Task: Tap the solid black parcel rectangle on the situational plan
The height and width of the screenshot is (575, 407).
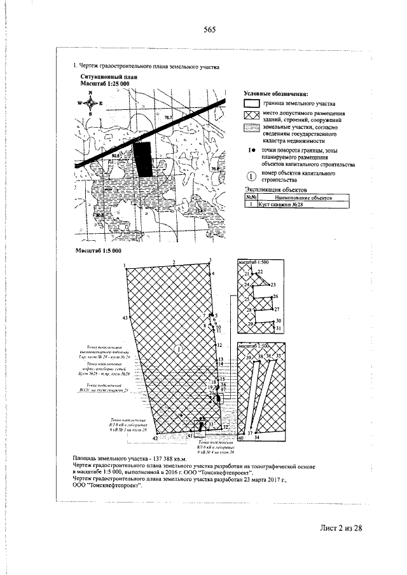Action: pos(144,158)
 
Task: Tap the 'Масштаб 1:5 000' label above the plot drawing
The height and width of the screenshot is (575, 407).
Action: pos(94,252)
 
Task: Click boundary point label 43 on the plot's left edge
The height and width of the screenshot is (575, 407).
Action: pos(125,317)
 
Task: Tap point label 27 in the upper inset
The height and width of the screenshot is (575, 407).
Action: pos(277,309)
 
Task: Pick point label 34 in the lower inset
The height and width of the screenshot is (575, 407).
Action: pos(257,438)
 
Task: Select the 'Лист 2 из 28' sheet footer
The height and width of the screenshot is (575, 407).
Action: pos(340,528)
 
